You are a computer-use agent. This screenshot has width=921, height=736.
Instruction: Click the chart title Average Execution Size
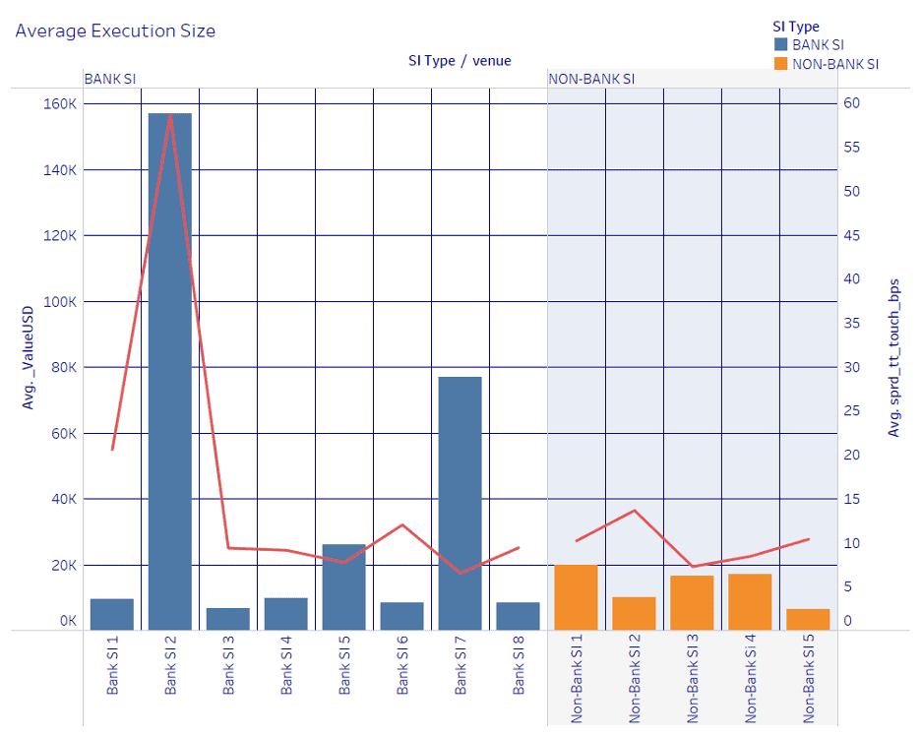(115, 31)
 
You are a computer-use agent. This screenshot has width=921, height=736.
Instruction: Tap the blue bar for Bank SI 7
(460, 503)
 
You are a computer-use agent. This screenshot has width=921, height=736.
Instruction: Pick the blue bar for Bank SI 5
(343, 586)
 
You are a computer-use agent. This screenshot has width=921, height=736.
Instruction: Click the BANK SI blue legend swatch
(781, 44)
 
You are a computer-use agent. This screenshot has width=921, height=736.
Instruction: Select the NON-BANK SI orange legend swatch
(781, 64)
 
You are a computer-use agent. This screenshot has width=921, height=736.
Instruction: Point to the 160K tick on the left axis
(60, 104)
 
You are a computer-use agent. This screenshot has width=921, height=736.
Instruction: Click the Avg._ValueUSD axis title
(30, 354)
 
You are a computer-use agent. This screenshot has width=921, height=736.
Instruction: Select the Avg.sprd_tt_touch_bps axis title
(894, 355)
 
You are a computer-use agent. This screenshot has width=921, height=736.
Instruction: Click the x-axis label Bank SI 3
(228, 670)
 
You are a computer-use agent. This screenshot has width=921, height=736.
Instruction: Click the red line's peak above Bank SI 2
(170, 114)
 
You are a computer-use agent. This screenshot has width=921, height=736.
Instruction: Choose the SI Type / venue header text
(460, 61)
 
